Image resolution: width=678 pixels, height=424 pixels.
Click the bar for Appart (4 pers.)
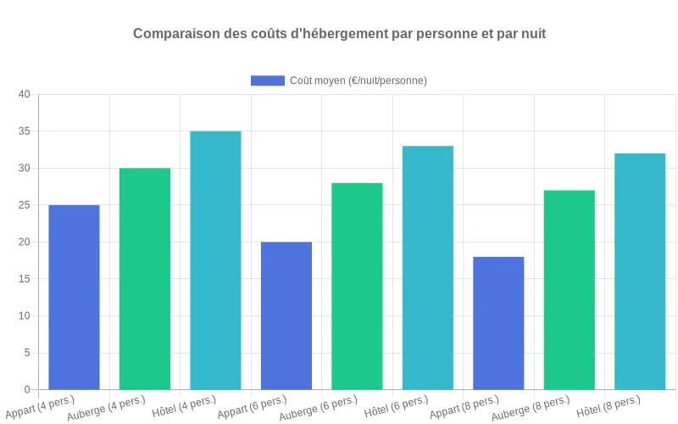click(x=74, y=297)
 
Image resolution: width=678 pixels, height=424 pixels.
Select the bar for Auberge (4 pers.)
click(x=145, y=279)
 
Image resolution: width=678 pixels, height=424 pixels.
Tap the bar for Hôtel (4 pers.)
click(x=215, y=260)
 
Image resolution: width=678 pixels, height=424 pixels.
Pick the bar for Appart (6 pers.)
click(x=286, y=315)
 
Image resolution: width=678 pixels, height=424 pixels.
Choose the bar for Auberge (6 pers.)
click(x=357, y=286)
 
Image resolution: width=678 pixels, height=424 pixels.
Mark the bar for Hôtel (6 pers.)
click(x=428, y=268)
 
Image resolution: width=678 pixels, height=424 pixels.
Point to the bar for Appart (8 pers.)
click(x=498, y=323)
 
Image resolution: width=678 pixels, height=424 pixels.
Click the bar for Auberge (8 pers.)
click(x=570, y=290)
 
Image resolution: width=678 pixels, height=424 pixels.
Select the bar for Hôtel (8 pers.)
click(x=640, y=271)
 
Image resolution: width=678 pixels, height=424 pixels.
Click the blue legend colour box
click(x=267, y=81)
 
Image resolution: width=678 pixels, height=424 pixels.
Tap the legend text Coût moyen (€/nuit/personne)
click(x=358, y=81)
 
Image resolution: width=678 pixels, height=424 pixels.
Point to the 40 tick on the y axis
click(x=24, y=94)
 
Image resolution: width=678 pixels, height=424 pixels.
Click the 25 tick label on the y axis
click(x=24, y=205)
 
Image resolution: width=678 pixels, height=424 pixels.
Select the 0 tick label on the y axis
click(x=27, y=390)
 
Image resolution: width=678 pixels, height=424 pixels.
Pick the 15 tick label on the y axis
click(x=24, y=279)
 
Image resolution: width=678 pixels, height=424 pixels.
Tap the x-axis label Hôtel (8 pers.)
click(x=609, y=406)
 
